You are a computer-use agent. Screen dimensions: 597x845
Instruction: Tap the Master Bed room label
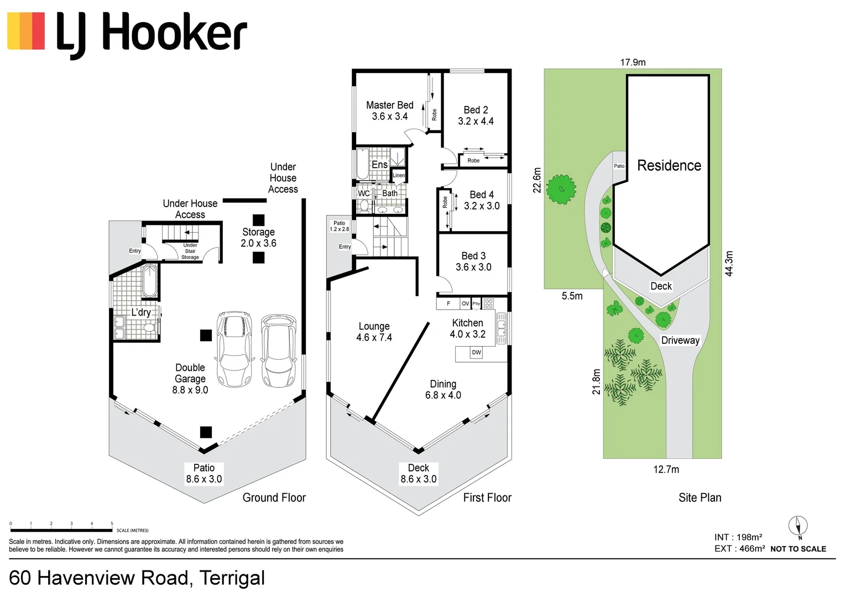(x=389, y=105)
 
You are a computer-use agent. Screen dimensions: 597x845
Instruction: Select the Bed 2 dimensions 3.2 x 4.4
(x=476, y=122)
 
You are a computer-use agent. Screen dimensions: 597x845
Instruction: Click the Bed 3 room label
(x=473, y=256)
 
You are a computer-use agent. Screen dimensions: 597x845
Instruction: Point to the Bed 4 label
(x=481, y=195)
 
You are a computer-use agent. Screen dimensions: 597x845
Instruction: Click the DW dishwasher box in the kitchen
(x=476, y=353)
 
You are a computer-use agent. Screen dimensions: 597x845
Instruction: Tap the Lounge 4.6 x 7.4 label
(x=374, y=332)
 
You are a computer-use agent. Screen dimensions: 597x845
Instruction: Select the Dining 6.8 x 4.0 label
(x=443, y=390)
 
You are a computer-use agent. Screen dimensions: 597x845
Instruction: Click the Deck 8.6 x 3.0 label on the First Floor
(x=419, y=474)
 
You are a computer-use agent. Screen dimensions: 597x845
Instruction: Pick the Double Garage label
(x=190, y=373)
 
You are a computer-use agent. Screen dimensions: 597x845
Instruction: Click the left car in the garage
(x=236, y=348)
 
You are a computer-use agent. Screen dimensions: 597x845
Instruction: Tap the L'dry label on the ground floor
(x=141, y=312)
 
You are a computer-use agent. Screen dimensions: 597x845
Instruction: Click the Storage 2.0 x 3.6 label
(x=258, y=238)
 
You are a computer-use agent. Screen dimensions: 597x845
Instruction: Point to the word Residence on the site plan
(x=669, y=165)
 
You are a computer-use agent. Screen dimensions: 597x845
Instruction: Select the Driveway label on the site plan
(x=680, y=341)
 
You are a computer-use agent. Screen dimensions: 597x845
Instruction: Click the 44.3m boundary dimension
(x=729, y=264)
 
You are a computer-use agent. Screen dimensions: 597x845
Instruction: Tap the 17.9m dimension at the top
(x=633, y=62)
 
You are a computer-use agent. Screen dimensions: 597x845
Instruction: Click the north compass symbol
(x=798, y=526)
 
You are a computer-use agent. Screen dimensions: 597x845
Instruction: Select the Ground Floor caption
(x=274, y=498)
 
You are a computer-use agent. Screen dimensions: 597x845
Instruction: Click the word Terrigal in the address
(x=232, y=578)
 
